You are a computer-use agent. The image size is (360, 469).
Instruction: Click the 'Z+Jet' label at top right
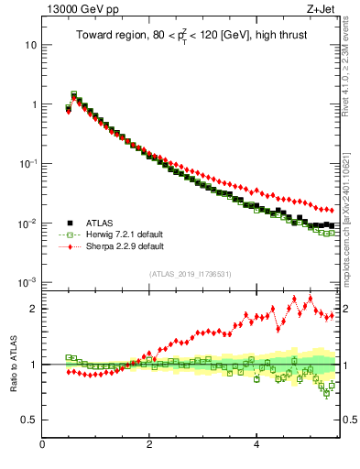pyautogui.click(x=322, y=9)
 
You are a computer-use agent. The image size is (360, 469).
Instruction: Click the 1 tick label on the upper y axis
pyautogui.click(x=33, y=104)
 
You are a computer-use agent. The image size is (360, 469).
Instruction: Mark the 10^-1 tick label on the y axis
pyautogui.click(x=28, y=163)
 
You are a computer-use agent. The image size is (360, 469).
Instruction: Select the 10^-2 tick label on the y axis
pyautogui.click(x=28, y=223)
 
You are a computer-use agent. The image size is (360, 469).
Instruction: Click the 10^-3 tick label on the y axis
pyautogui.click(x=28, y=282)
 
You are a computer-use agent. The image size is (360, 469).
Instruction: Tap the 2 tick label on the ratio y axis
pyautogui.click(x=33, y=309)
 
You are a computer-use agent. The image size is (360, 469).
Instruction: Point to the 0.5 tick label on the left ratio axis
pyautogui.click(x=29, y=420)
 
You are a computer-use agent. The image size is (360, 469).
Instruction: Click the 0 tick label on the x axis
pyautogui.click(x=42, y=446)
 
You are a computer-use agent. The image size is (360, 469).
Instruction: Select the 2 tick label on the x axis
pyautogui.click(x=149, y=446)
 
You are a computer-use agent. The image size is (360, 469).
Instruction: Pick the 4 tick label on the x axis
pyautogui.click(x=256, y=446)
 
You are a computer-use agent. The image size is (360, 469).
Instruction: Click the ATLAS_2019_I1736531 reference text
pyautogui.click(x=191, y=273)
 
